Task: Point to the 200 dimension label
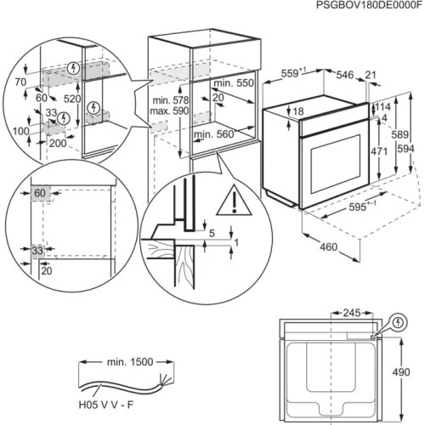(x=57, y=144)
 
